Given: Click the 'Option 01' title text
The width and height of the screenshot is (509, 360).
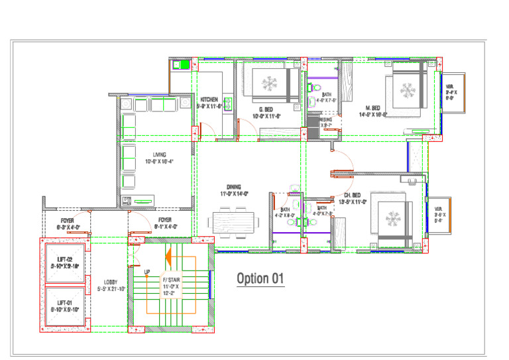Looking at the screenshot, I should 260,278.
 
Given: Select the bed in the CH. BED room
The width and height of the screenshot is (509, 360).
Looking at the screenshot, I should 394,218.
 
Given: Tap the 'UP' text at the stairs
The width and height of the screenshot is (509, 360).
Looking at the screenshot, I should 147,272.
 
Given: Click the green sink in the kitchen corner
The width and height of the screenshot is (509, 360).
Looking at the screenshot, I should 181,65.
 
